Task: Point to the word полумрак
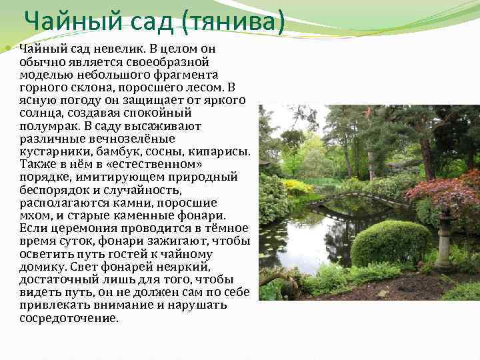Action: pos(49,126)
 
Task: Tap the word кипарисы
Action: pos(222,151)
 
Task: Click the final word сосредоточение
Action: pos(69,318)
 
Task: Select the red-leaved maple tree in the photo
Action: pos(443,193)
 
